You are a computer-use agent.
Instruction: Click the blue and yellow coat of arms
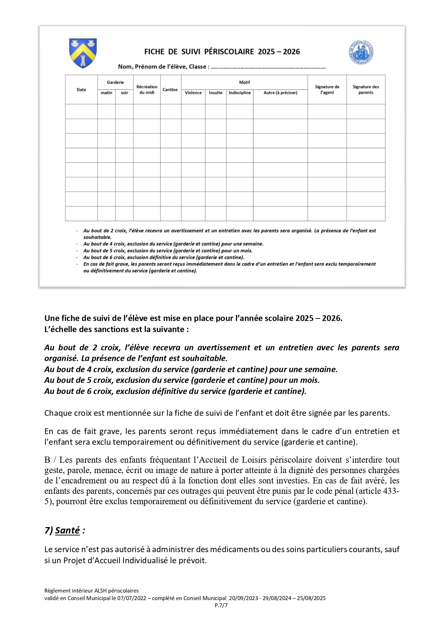83,53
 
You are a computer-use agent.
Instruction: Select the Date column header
81,90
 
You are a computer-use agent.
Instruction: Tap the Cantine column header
170,90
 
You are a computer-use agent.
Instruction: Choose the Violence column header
193,93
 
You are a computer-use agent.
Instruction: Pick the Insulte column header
216,93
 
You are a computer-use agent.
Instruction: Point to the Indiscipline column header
240,93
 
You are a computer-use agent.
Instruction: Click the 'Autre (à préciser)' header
280,93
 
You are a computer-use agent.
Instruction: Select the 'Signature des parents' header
366,90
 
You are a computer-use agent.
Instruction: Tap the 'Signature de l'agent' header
327,90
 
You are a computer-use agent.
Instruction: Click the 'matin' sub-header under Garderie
107,93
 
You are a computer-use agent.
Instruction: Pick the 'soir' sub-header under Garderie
125,93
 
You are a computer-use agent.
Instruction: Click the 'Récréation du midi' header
147,90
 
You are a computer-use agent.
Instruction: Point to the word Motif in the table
245,82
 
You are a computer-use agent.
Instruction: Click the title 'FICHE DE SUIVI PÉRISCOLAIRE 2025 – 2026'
222,52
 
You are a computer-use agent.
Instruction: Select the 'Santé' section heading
67,530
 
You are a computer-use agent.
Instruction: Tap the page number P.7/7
221,605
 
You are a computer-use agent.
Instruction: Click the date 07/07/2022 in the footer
132,598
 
